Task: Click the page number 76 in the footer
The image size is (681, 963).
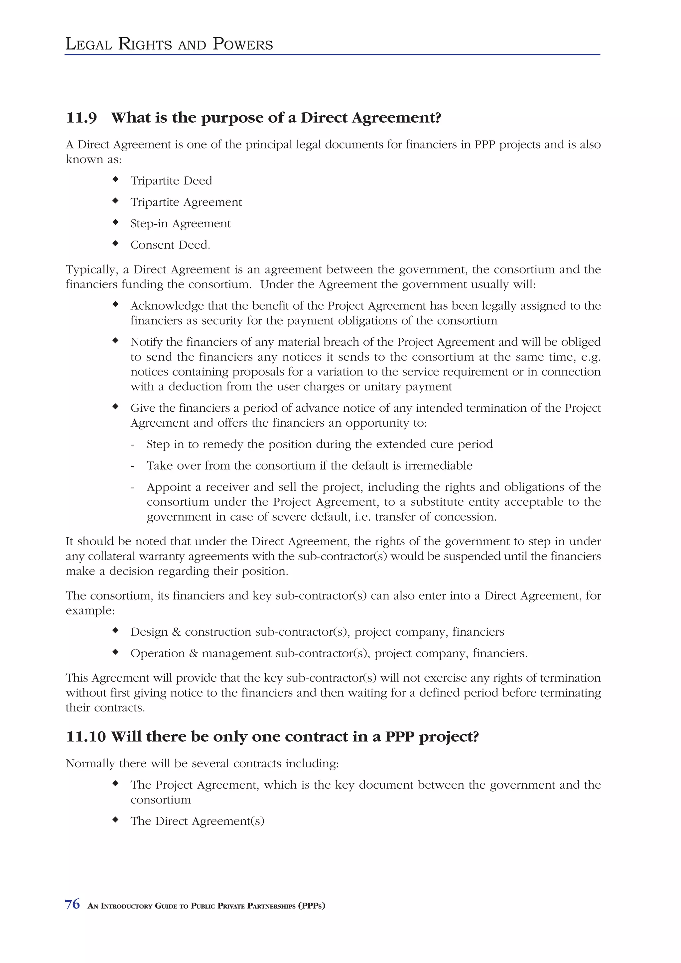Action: (72, 904)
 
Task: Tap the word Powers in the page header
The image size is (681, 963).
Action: (242, 44)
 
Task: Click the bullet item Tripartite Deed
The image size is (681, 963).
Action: (171, 181)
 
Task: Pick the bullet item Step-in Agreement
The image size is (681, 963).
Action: (181, 224)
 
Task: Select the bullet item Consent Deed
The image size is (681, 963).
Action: (170, 245)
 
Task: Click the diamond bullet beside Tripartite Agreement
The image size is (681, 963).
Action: (115, 201)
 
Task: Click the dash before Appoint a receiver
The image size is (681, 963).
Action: (133, 487)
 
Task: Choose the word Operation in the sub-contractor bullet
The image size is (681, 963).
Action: (157, 653)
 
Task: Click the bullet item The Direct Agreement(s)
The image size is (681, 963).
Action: (197, 821)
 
